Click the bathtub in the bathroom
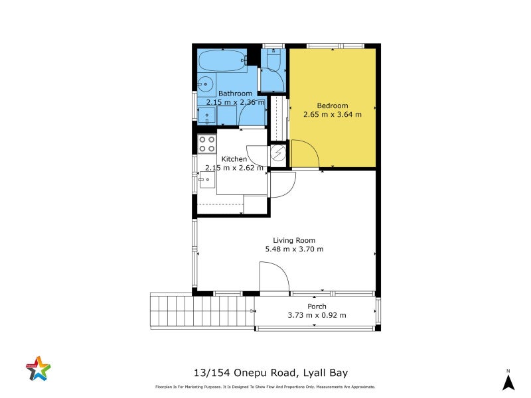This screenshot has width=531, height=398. pos(222,61)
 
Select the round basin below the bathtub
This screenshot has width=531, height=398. pos(205,84)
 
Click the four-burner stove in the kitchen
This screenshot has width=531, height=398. pos(207,144)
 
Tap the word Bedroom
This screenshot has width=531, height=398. pos(332,105)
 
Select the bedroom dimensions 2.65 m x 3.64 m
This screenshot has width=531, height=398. pos(332,114)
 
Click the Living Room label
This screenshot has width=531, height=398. pos(294,240)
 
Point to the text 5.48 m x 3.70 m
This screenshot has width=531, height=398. pos(294,249)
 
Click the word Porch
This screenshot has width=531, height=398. pos(317,306)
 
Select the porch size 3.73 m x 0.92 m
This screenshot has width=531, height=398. pos(317,315)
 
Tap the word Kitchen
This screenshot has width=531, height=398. pos(234,159)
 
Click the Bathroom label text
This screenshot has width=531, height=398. pos(235,94)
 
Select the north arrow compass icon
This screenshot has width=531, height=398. pos(508,381)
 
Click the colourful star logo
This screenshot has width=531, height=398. pos(38,368)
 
